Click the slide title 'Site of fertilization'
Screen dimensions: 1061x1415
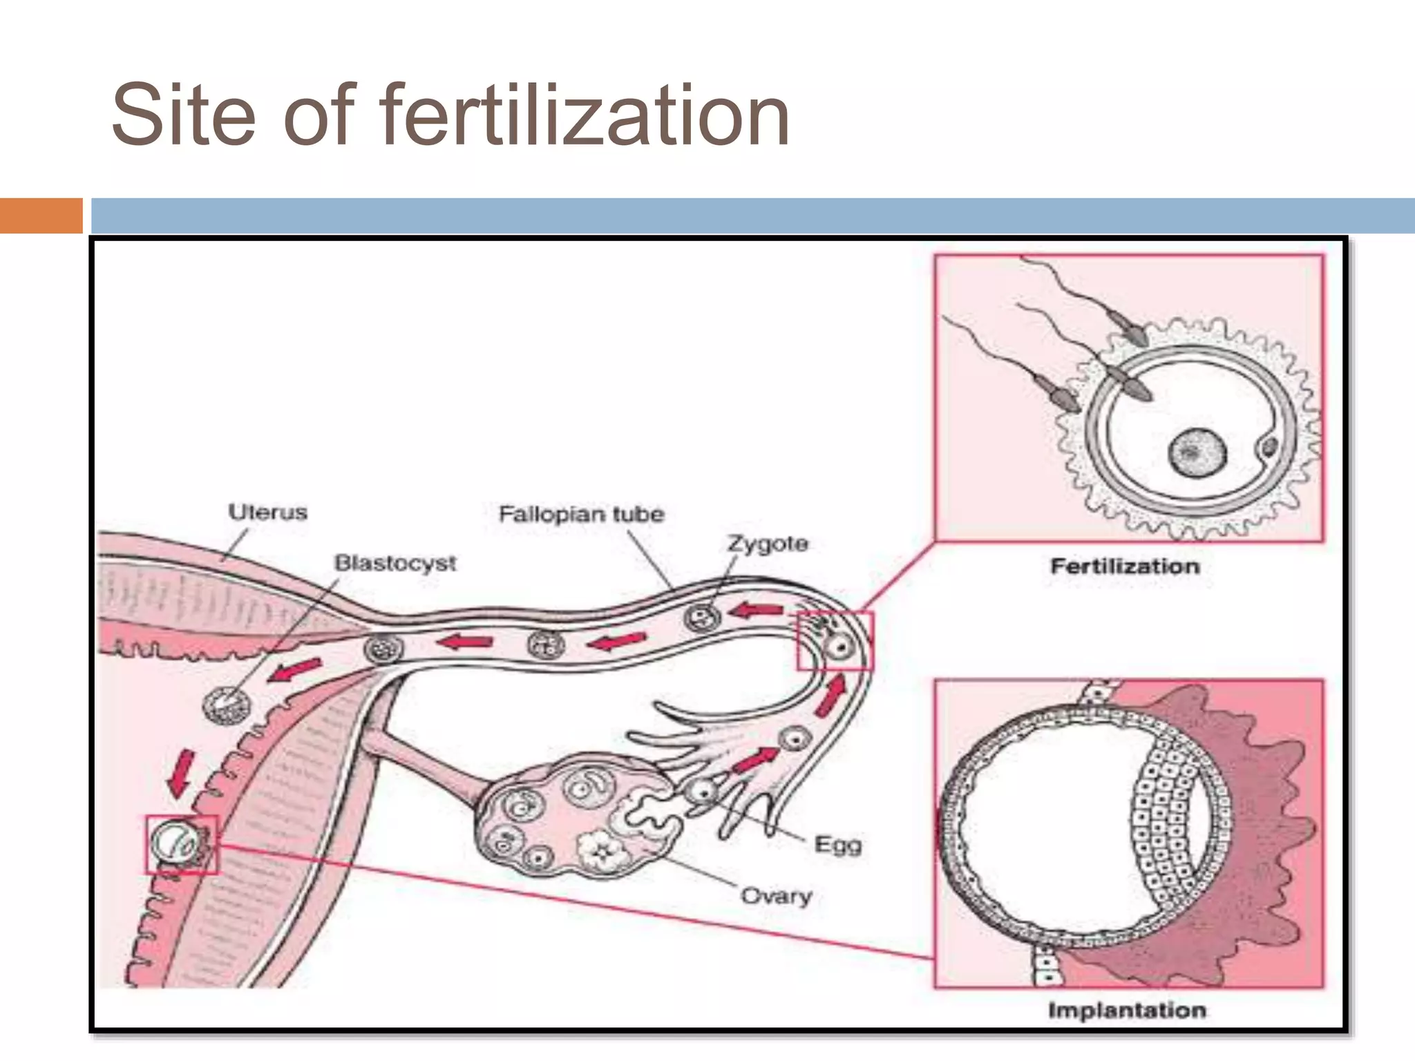(450, 115)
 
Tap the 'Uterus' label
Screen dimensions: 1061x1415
(267, 513)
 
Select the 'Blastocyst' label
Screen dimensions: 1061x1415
(395, 563)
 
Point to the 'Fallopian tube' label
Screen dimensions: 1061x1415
(581, 514)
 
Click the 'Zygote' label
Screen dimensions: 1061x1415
(768, 544)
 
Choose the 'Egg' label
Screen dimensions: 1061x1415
(838, 844)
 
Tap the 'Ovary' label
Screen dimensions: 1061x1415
(776, 896)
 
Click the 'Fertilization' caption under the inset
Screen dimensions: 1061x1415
(1125, 566)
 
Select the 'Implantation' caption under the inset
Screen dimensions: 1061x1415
(1127, 1011)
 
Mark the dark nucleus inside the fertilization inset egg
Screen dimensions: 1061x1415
(1197, 452)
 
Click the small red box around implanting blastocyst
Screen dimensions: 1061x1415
(181, 844)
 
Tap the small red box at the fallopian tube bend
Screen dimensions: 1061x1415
(835, 640)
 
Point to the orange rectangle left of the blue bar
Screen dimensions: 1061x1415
(41, 216)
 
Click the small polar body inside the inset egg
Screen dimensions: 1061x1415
(1270, 448)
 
